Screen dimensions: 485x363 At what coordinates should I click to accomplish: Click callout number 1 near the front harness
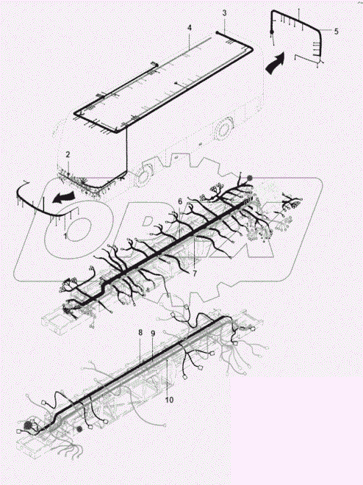coord(65,236)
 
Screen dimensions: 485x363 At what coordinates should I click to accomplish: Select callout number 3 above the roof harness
coord(225,14)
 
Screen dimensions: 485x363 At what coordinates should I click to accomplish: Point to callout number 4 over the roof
coord(189,28)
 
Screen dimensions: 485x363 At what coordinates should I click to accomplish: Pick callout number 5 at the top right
coord(336,32)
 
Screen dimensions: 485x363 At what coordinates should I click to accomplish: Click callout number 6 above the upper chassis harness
coord(179,201)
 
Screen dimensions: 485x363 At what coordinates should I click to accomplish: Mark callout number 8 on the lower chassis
coord(140,333)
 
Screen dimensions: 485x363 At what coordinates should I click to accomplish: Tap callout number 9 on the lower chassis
coord(152,333)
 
